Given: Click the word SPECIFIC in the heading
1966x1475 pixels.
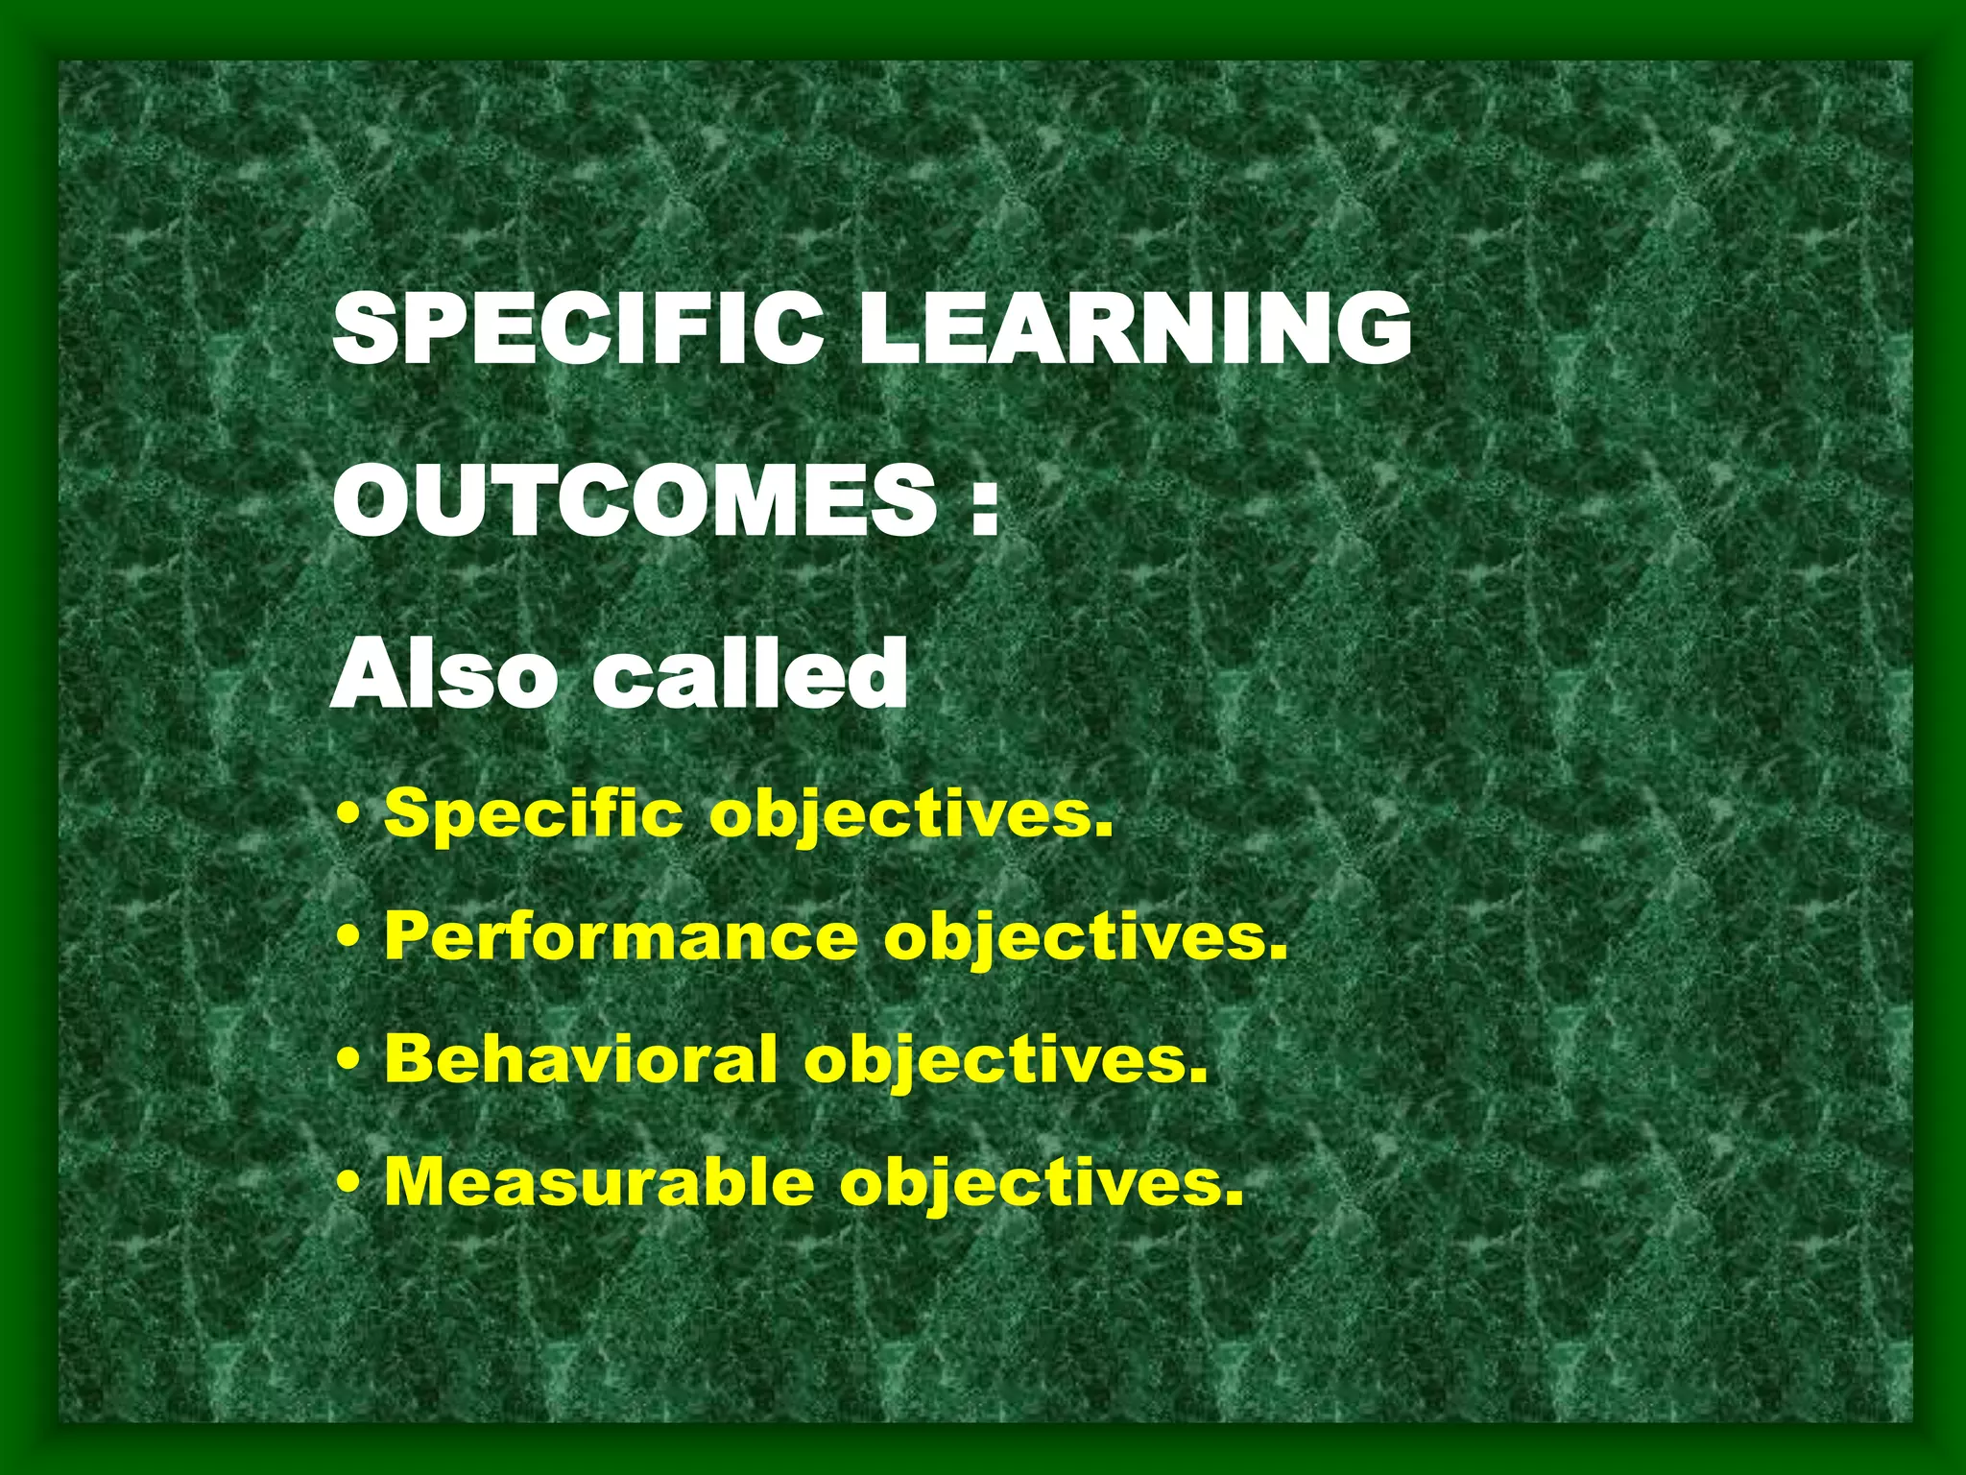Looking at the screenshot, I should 577,327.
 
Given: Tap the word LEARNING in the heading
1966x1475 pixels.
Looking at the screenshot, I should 1135,327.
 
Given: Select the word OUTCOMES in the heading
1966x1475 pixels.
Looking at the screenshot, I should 634,500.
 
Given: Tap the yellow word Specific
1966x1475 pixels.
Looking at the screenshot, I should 533,814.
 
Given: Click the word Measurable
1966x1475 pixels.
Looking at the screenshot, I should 599,1182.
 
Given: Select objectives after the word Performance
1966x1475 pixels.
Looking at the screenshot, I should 1074,938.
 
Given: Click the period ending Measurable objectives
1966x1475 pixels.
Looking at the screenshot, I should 1234,1198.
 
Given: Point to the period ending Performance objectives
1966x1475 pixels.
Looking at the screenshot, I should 1278,953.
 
